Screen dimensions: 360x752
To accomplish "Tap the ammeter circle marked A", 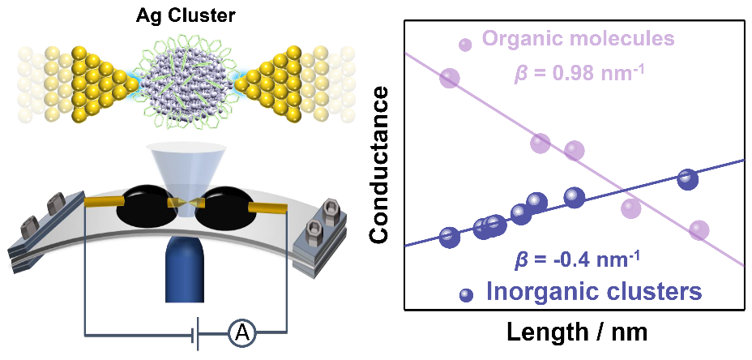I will point(241,332).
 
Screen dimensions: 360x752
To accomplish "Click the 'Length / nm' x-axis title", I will point(571,332).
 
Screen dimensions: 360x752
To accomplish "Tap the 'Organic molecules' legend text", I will point(579,39).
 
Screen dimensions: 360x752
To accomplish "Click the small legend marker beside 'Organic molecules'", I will point(465,45).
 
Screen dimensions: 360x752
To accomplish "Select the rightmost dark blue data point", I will point(688,180).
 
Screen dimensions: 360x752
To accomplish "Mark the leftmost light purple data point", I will point(449,78).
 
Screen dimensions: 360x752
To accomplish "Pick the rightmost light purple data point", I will point(699,230).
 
